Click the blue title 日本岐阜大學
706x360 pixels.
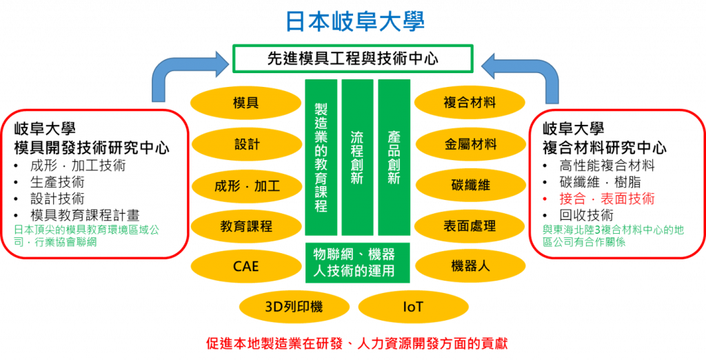(354, 21)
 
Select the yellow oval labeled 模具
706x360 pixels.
(245, 103)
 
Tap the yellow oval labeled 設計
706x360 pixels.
(245, 144)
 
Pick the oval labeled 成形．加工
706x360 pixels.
(245, 186)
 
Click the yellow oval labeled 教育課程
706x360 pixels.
(245, 226)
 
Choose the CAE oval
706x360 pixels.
(245, 266)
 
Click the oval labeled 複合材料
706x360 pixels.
(470, 103)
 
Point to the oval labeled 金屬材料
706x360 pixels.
(470, 144)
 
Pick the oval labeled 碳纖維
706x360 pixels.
(470, 186)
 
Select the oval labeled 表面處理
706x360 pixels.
(470, 226)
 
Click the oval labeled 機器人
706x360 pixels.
(470, 266)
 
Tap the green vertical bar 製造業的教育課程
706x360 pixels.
(321, 157)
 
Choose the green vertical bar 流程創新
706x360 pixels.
(356, 157)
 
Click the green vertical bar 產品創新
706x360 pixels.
(394, 157)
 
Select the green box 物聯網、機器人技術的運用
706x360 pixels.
(357, 262)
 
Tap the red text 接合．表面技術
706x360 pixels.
(607, 199)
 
